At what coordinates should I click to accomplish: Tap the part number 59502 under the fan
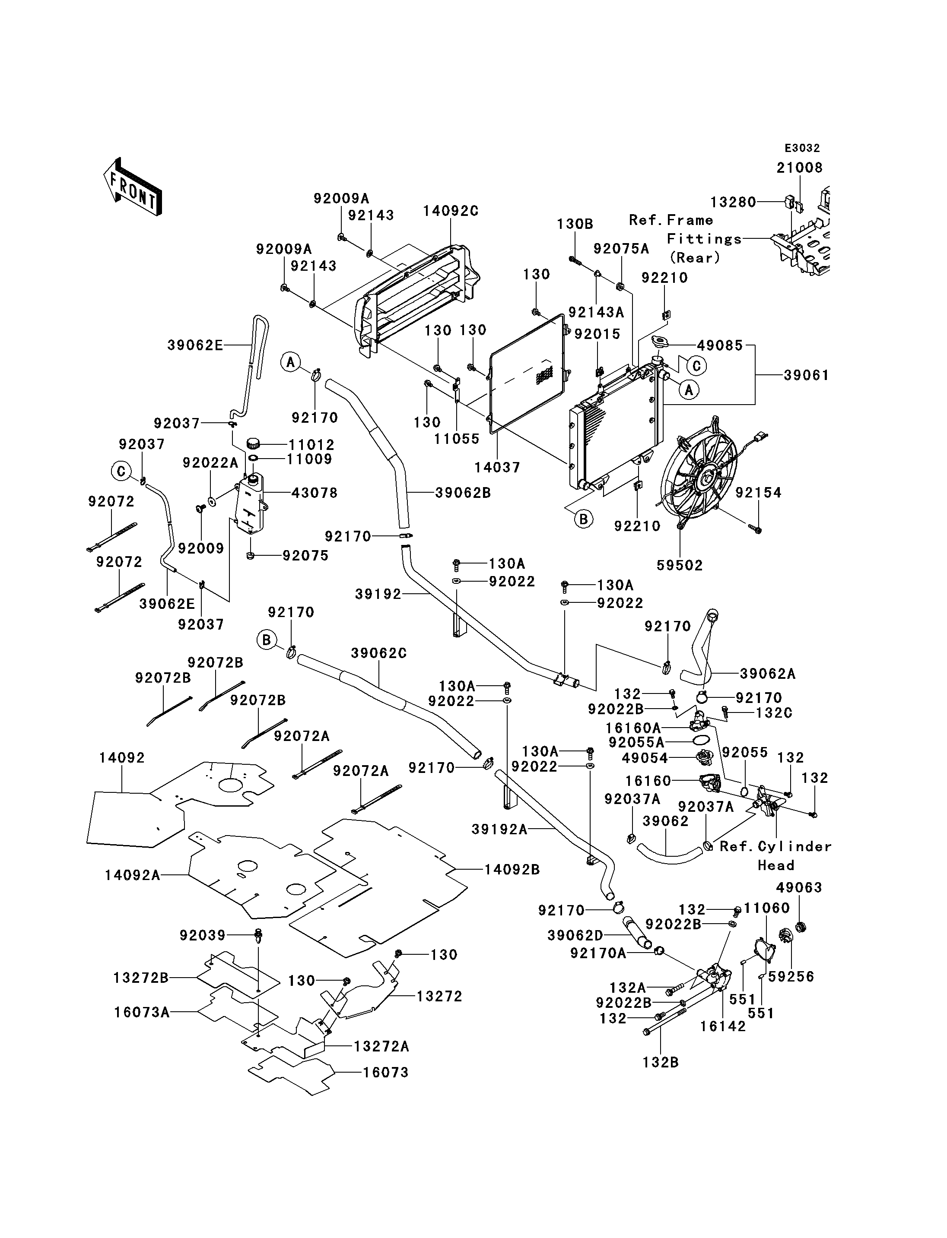(680, 565)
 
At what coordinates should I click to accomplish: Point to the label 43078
(315, 493)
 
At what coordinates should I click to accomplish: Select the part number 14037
(497, 467)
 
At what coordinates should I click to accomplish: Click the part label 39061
(807, 375)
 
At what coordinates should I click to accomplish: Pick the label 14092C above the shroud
(451, 211)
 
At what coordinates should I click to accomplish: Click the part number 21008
(800, 168)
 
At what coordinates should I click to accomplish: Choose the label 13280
(733, 202)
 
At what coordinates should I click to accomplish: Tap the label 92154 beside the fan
(758, 493)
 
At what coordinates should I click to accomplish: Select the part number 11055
(457, 439)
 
